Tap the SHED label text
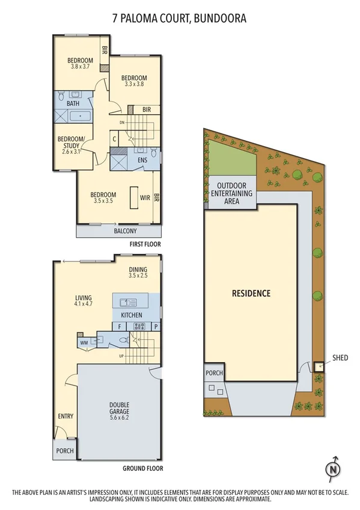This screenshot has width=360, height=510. (340, 358)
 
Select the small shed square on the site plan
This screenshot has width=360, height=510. (318, 366)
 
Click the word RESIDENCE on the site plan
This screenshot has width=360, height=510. (251, 293)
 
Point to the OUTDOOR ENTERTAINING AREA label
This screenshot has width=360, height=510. (232, 193)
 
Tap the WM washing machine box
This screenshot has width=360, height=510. (83, 343)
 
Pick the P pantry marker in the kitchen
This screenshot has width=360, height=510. (156, 327)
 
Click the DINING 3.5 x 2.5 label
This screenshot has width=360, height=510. (138, 272)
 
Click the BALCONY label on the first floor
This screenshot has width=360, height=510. (125, 231)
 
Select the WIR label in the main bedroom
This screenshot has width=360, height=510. (145, 197)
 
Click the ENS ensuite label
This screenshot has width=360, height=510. (142, 161)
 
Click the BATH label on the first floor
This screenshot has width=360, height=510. (73, 103)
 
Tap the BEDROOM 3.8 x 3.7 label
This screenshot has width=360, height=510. (80, 63)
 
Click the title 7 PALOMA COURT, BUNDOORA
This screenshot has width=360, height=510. (180, 19)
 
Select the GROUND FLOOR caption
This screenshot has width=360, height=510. (142, 469)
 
